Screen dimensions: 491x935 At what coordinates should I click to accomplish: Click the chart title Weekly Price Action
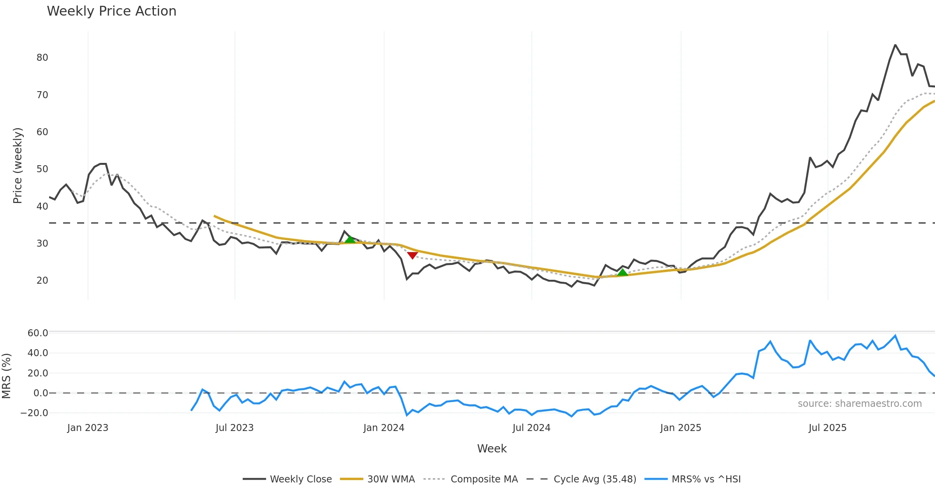coord(111,11)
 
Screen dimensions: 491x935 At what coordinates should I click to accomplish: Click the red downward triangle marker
coord(412,255)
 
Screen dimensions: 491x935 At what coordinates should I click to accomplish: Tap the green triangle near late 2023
coord(350,239)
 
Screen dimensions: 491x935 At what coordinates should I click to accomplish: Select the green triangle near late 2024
coord(623,272)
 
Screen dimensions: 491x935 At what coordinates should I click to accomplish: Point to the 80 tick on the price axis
coord(42,58)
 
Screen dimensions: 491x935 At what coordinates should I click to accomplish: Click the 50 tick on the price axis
coord(42,169)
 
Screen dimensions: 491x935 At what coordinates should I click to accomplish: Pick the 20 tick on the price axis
coord(42,281)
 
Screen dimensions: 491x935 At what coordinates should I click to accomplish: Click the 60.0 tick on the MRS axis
coord(38,333)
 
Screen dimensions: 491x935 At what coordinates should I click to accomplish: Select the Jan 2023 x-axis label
coord(88,428)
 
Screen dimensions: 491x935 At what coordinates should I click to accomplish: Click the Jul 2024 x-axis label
coord(531,428)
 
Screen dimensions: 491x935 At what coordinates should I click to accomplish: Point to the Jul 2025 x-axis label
coord(827,428)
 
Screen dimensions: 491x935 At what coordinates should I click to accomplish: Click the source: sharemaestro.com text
coord(859,404)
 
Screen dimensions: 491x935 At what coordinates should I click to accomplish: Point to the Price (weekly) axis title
coord(18,166)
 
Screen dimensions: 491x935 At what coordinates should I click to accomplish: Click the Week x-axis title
coord(492,449)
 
